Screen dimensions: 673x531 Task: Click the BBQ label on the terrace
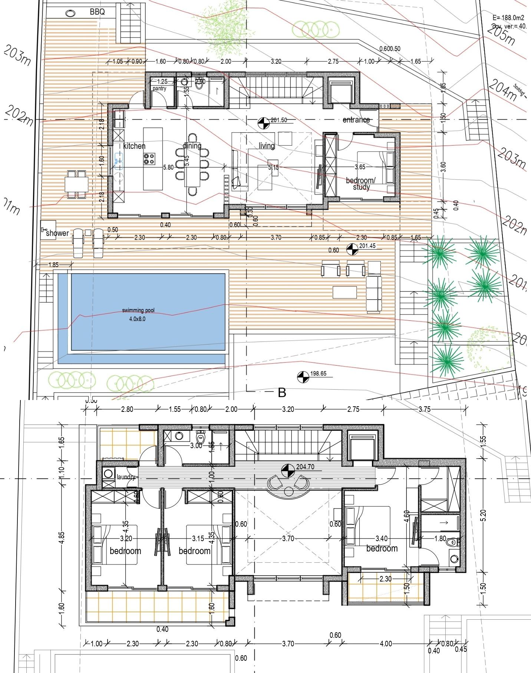point(97,12)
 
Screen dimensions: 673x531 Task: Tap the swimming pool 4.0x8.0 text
point(138,314)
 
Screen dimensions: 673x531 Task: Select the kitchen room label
point(134,146)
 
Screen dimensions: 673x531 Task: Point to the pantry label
point(159,89)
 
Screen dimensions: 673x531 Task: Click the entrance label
point(356,120)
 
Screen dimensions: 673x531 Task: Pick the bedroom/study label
point(361,184)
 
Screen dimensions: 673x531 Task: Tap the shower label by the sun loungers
point(57,233)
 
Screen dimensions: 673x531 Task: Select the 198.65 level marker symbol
point(303,377)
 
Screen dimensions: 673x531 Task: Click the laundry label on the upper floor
point(126,477)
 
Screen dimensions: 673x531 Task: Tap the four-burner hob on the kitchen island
point(149,159)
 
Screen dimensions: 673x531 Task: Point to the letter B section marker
point(282,393)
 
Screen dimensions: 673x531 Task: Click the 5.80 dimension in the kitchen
point(168,167)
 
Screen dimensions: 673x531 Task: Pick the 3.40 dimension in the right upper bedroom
point(382,538)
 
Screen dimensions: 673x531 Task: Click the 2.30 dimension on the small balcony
point(386,579)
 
